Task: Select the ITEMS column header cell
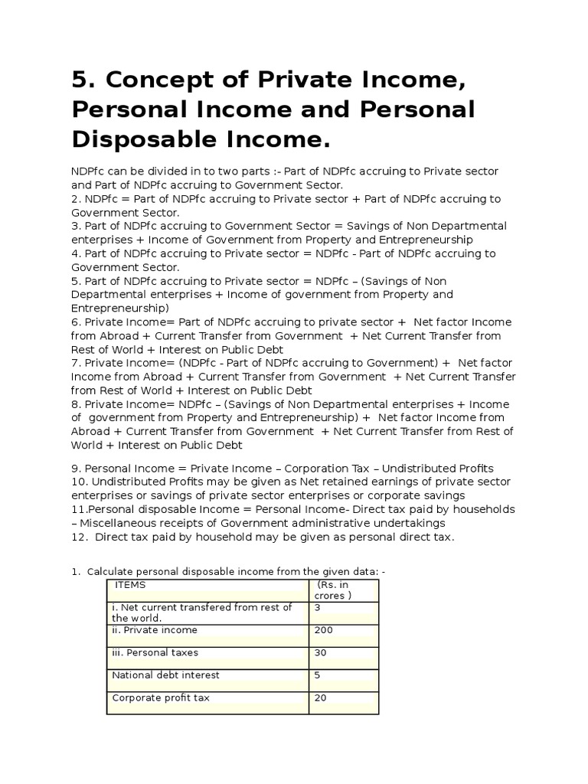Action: click(x=130, y=585)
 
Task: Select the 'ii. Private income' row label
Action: click(x=155, y=630)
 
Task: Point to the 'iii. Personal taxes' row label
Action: click(x=155, y=653)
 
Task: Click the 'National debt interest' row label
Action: click(x=165, y=675)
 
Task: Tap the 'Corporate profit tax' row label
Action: click(x=161, y=698)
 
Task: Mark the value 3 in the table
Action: click(x=316, y=608)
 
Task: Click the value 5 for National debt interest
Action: click(x=316, y=675)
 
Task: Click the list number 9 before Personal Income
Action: click(x=75, y=469)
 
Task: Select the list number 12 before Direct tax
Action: click(x=78, y=537)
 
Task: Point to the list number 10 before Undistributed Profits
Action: click(x=78, y=482)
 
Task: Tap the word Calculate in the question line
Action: click(x=113, y=572)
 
